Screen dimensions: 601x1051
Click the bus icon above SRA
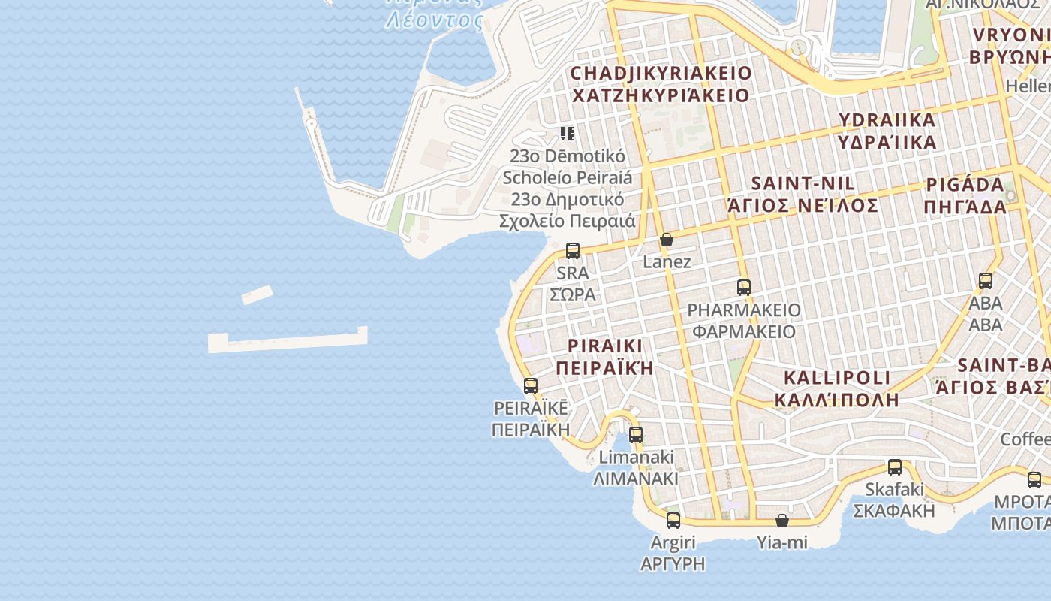click(x=573, y=251)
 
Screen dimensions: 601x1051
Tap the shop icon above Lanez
click(x=666, y=240)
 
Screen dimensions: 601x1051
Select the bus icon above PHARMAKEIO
click(x=744, y=287)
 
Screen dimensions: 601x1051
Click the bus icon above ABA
click(x=986, y=281)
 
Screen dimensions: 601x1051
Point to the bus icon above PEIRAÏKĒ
click(x=531, y=386)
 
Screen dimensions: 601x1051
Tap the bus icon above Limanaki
click(x=636, y=434)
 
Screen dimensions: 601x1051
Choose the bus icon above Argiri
click(x=673, y=520)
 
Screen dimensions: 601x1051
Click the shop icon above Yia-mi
click(x=782, y=520)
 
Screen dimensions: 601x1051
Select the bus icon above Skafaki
click(x=895, y=467)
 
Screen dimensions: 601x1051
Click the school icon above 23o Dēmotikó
click(x=568, y=134)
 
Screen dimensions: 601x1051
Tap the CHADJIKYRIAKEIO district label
click(x=661, y=73)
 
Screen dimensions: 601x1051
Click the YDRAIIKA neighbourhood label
click(x=887, y=120)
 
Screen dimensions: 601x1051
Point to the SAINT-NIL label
click(x=803, y=183)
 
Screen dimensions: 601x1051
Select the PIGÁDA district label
click(x=965, y=185)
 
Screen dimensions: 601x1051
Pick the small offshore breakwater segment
click(x=257, y=295)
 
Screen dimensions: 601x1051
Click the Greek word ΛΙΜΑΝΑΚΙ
click(x=636, y=479)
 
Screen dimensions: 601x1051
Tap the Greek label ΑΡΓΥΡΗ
click(x=673, y=564)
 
